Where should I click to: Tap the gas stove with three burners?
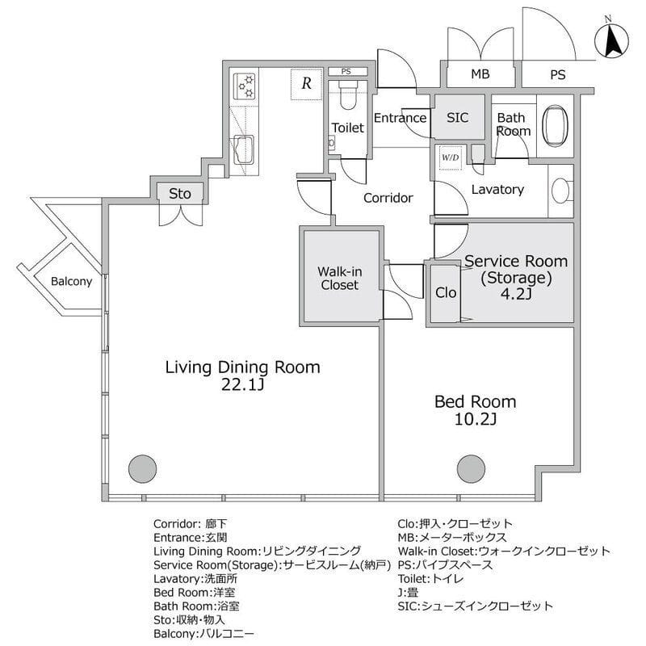[x=245, y=86]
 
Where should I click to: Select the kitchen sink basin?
[x=245, y=150]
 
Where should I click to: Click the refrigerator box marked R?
[x=306, y=84]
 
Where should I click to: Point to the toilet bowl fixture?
[x=348, y=94]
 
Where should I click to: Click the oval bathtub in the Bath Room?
[x=555, y=126]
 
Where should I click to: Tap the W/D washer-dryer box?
[x=451, y=157]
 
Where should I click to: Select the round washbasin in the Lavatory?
[x=560, y=191]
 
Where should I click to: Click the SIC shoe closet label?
[x=457, y=117]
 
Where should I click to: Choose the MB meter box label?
[x=480, y=74]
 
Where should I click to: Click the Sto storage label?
[x=179, y=194]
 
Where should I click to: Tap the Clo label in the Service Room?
[x=446, y=292]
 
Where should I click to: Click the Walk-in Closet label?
[x=339, y=278]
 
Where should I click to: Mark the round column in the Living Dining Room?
[x=143, y=469]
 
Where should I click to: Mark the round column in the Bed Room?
[x=471, y=469]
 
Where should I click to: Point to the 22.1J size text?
[x=242, y=385]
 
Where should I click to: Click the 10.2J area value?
[x=475, y=419]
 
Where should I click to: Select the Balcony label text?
[x=71, y=281]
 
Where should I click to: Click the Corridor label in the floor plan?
[x=388, y=198]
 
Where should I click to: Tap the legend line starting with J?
[x=409, y=593]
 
